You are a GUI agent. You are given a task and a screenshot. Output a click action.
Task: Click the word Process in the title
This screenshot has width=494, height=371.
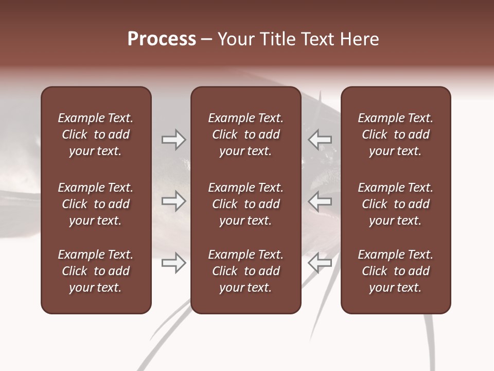(162, 39)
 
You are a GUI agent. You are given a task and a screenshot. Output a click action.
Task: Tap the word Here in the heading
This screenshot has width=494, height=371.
(360, 39)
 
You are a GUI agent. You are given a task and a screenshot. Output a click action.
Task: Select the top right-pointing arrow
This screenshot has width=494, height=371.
(173, 139)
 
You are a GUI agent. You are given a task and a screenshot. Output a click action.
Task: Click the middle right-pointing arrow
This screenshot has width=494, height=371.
(173, 201)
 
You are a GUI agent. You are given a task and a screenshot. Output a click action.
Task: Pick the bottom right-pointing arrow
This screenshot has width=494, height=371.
(173, 263)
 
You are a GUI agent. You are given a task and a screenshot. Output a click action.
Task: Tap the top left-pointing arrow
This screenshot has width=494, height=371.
(320, 139)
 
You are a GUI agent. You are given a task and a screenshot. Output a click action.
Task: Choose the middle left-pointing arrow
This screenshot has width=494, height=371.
(320, 201)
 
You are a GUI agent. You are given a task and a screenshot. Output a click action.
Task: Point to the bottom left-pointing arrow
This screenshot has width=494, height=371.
(320, 263)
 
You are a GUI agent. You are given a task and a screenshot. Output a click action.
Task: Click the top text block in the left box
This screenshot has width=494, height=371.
(96, 134)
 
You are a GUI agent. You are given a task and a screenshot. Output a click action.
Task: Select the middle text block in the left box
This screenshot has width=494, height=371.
(96, 204)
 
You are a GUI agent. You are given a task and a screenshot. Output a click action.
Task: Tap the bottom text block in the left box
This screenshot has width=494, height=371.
(96, 271)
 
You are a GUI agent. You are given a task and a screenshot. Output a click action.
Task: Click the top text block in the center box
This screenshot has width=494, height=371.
(245, 134)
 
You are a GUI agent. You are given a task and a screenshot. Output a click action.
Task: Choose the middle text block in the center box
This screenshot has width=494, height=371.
(245, 204)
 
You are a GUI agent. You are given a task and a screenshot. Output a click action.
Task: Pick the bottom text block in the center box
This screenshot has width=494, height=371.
(245, 271)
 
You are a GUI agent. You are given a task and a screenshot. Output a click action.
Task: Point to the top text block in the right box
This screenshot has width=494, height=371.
(395, 134)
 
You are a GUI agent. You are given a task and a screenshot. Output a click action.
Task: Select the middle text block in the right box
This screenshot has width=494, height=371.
(395, 204)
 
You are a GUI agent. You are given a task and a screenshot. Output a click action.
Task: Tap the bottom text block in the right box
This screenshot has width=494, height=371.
(395, 271)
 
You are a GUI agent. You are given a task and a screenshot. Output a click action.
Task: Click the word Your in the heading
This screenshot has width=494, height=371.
(235, 39)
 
